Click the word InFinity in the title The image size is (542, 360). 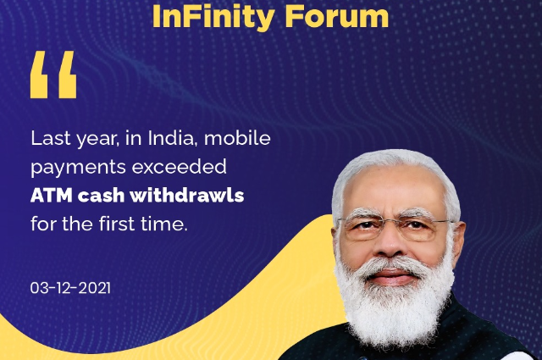[x=213, y=17]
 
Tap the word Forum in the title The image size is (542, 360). [x=337, y=16]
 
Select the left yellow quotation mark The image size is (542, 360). [x=39, y=75]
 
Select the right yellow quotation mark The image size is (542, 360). [x=68, y=75]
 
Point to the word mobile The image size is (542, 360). [x=237, y=138]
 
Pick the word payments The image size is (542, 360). [x=78, y=168]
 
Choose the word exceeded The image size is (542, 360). [x=179, y=167]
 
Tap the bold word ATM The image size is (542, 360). [x=51, y=196]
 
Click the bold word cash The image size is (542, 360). [x=101, y=196]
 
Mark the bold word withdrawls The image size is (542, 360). [x=187, y=196]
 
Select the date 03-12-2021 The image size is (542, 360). [x=70, y=288]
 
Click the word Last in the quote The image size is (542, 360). [x=51, y=138]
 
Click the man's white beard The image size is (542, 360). [x=394, y=304]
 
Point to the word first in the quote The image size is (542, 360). [x=117, y=224]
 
